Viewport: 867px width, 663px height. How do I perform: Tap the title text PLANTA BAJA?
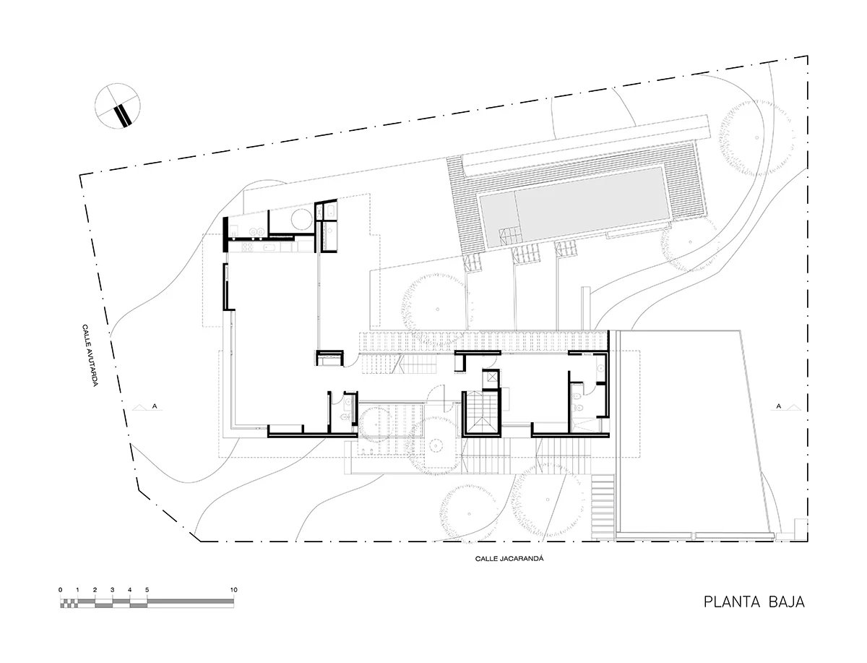click(x=754, y=602)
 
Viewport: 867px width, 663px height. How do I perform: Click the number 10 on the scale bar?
click(x=233, y=590)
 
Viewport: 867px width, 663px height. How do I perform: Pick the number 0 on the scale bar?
click(x=61, y=590)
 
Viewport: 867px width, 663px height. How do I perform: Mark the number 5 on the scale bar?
click(x=147, y=590)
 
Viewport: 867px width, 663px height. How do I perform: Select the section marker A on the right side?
click(x=779, y=406)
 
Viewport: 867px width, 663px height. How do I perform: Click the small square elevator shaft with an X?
click(x=491, y=376)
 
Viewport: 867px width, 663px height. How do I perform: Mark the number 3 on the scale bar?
click(x=113, y=590)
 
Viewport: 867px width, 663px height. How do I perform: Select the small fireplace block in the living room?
click(x=330, y=356)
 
